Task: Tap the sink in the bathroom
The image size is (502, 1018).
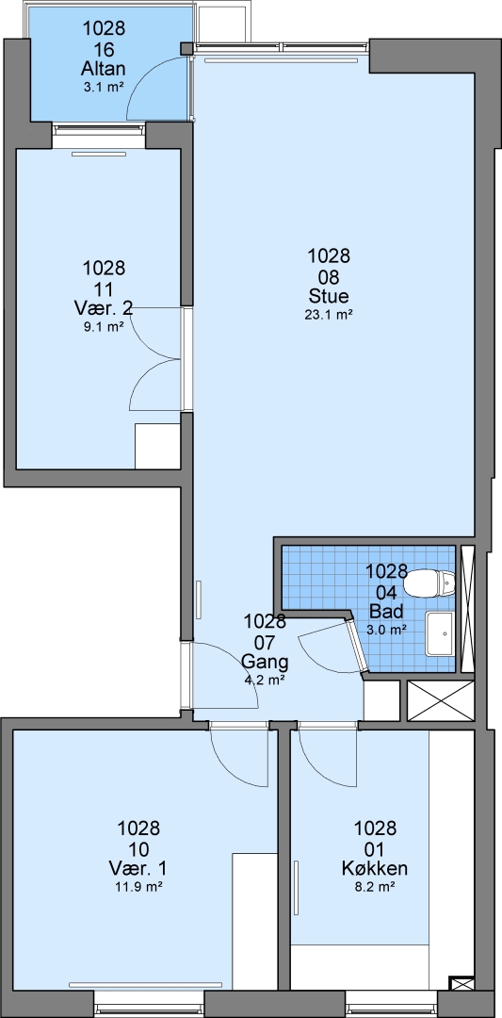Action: coord(441,633)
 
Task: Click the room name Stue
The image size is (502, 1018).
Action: coord(329,297)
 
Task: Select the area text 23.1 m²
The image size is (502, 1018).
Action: coord(329,315)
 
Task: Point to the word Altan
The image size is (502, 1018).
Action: coord(103,68)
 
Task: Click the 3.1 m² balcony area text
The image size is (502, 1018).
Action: coord(103,87)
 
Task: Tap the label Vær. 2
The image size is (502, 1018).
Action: coord(104,308)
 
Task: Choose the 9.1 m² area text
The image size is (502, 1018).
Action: coord(103,326)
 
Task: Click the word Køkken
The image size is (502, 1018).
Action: coord(374,868)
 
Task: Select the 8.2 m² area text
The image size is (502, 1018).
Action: coord(374,886)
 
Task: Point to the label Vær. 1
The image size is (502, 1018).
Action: coord(138,868)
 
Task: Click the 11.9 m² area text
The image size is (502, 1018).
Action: coord(138,886)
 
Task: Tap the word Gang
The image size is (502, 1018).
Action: coord(264,662)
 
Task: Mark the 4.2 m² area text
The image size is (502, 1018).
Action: coord(264,680)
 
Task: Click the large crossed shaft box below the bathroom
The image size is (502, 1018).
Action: coord(441,700)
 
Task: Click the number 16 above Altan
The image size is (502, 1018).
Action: coord(103,49)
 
